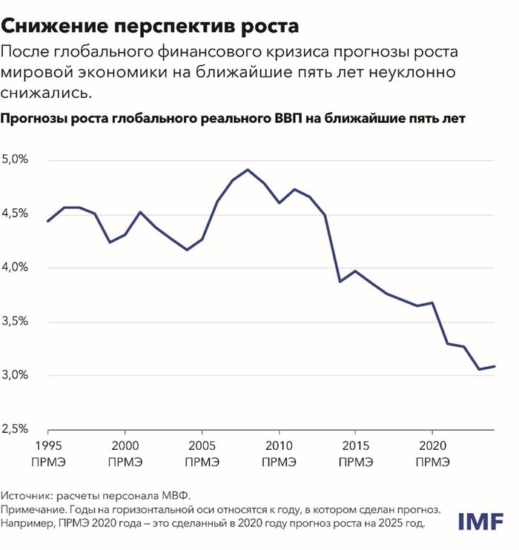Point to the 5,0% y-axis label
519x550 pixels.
(16, 159)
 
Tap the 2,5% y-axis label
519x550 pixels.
(16, 428)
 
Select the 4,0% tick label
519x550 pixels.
(16, 267)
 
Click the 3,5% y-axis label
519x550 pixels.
(16, 321)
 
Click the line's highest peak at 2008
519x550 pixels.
(248, 170)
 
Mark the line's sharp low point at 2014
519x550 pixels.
(340, 282)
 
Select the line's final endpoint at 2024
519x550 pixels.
(494, 366)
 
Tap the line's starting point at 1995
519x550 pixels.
(48, 221)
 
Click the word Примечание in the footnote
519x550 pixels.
(39, 510)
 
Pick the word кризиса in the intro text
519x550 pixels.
(321, 53)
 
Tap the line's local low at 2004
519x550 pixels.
(186, 250)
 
